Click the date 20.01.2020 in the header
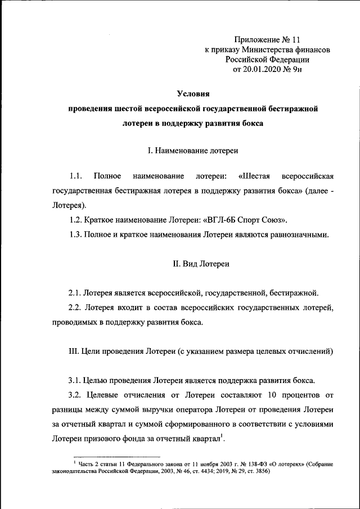coord(260,70)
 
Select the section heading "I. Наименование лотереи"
coord(192,151)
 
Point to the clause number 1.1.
coord(76,177)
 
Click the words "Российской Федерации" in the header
coord(267,60)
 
